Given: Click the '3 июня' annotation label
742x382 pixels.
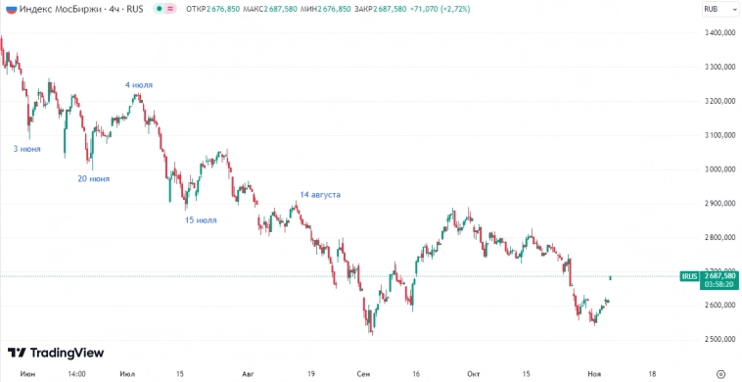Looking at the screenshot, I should tap(26, 149).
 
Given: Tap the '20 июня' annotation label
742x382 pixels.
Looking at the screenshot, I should tap(93, 179).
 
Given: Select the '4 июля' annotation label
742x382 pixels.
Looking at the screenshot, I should tap(139, 85).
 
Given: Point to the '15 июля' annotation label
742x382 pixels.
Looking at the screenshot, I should tap(201, 220).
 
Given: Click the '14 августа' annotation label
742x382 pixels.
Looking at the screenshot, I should tap(320, 195).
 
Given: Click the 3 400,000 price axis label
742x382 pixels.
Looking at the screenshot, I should tap(719, 33).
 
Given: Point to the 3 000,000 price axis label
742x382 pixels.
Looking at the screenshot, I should tap(719, 169).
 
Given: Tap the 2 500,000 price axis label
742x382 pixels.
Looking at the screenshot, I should tap(719, 339).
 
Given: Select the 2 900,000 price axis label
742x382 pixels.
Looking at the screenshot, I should tap(719, 204).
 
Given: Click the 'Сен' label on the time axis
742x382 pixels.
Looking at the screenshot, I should tap(364, 373).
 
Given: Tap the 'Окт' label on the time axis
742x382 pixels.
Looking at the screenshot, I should tap(474, 373).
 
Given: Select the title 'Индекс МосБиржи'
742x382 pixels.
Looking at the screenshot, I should tap(60, 9).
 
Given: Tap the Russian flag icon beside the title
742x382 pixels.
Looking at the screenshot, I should tap(10, 9).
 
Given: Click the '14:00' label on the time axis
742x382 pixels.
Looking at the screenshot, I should tap(76, 373).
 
